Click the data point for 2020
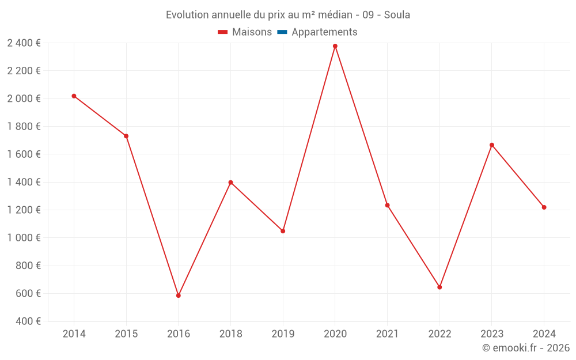[335, 46]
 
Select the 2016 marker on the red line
[179, 295]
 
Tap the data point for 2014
[74, 96]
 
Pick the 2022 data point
[439, 287]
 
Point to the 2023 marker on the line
[492, 145]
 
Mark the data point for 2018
[230, 183]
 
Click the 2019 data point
[283, 231]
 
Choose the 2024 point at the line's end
[544, 207]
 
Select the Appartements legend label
[324, 32]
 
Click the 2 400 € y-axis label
[24, 43]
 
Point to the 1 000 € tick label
[24, 238]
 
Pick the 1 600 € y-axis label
[24, 154]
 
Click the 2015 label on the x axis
[126, 334]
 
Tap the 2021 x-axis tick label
[387, 334]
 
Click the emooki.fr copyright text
[526, 348]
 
